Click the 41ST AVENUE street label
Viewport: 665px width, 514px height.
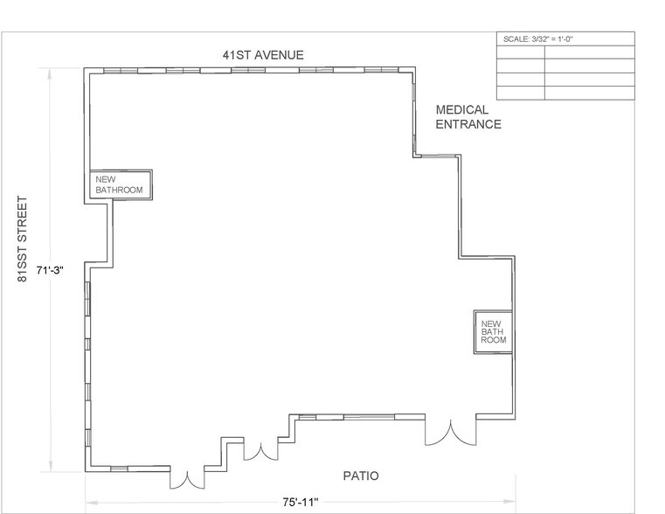pos(263,55)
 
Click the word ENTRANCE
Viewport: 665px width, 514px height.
pos(468,124)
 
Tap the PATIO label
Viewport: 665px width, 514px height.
pos(359,476)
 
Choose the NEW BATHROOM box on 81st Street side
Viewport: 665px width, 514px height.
pos(120,184)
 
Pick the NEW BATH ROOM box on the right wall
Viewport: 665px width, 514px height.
pos(491,331)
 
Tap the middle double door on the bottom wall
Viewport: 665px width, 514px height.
pos(259,451)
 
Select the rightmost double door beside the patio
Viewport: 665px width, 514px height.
pos(449,433)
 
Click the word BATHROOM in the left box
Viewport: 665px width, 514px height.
pos(119,189)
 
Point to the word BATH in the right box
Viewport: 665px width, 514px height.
pos(490,331)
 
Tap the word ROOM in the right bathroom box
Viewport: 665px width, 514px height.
pos(493,339)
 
